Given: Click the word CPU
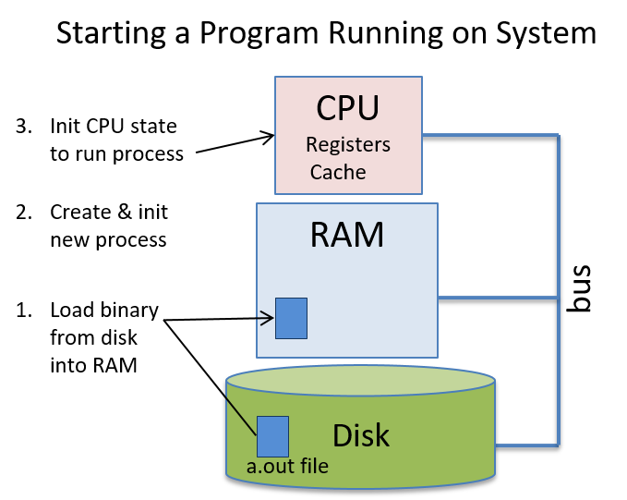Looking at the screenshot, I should coord(347,108).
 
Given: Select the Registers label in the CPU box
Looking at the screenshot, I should coord(347,145).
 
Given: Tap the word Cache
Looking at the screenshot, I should coord(338,172).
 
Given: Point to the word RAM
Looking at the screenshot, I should coord(346,235).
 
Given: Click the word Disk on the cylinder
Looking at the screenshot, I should coord(361,435).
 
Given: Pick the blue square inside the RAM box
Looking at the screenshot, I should coord(292,318).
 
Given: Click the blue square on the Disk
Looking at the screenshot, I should coord(272,436).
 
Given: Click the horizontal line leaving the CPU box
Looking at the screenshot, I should coord(489,137).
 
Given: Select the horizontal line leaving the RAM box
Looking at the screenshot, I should coord(499,298).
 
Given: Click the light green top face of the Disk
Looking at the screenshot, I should coord(360,378).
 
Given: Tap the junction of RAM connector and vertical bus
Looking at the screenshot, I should coord(559,298).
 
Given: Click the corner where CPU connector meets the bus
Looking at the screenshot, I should coord(559,137).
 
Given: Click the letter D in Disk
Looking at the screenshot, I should coord(340,435).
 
